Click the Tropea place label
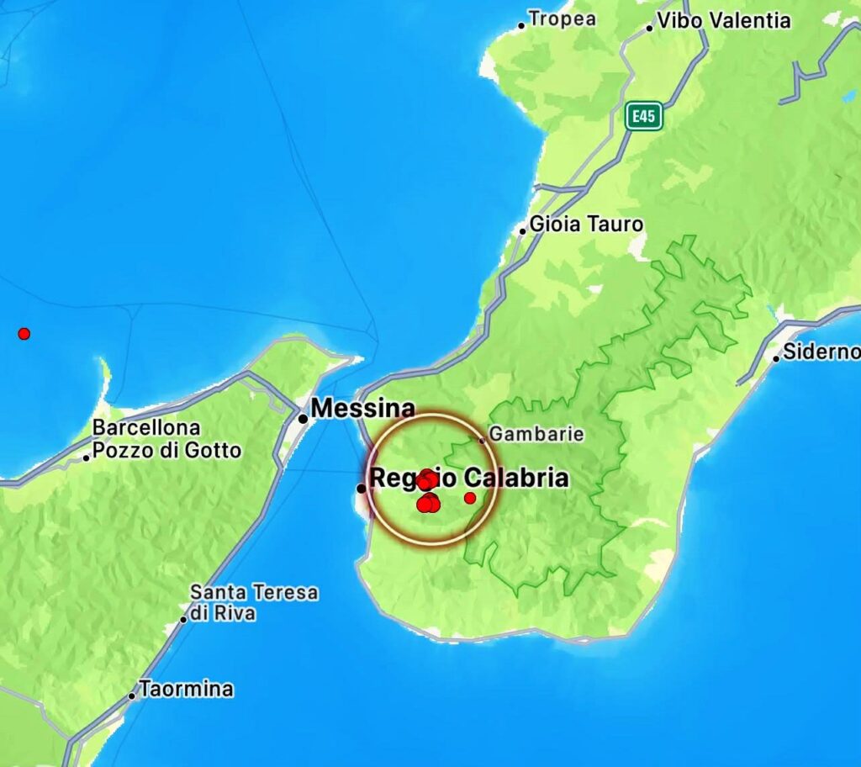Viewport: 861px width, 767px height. click(563, 19)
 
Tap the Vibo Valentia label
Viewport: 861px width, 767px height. click(724, 21)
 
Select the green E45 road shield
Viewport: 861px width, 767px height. click(643, 117)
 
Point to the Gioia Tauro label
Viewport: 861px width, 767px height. click(586, 225)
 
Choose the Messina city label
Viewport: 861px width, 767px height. click(362, 409)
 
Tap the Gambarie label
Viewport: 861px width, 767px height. click(536, 435)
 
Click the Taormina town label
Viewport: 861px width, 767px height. click(186, 690)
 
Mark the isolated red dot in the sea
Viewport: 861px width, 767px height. click(24, 334)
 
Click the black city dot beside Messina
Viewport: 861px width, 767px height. click(303, 418)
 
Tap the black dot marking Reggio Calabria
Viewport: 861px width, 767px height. click(362, 488)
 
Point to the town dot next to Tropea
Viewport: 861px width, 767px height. click(521, 25)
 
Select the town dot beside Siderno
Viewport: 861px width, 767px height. click(776, 358)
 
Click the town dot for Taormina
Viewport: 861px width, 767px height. click(132, 696)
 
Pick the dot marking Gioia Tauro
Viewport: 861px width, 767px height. click(522, 230)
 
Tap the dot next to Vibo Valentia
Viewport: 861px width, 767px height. click(649, 28)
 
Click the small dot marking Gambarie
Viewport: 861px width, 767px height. click(482, 440)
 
